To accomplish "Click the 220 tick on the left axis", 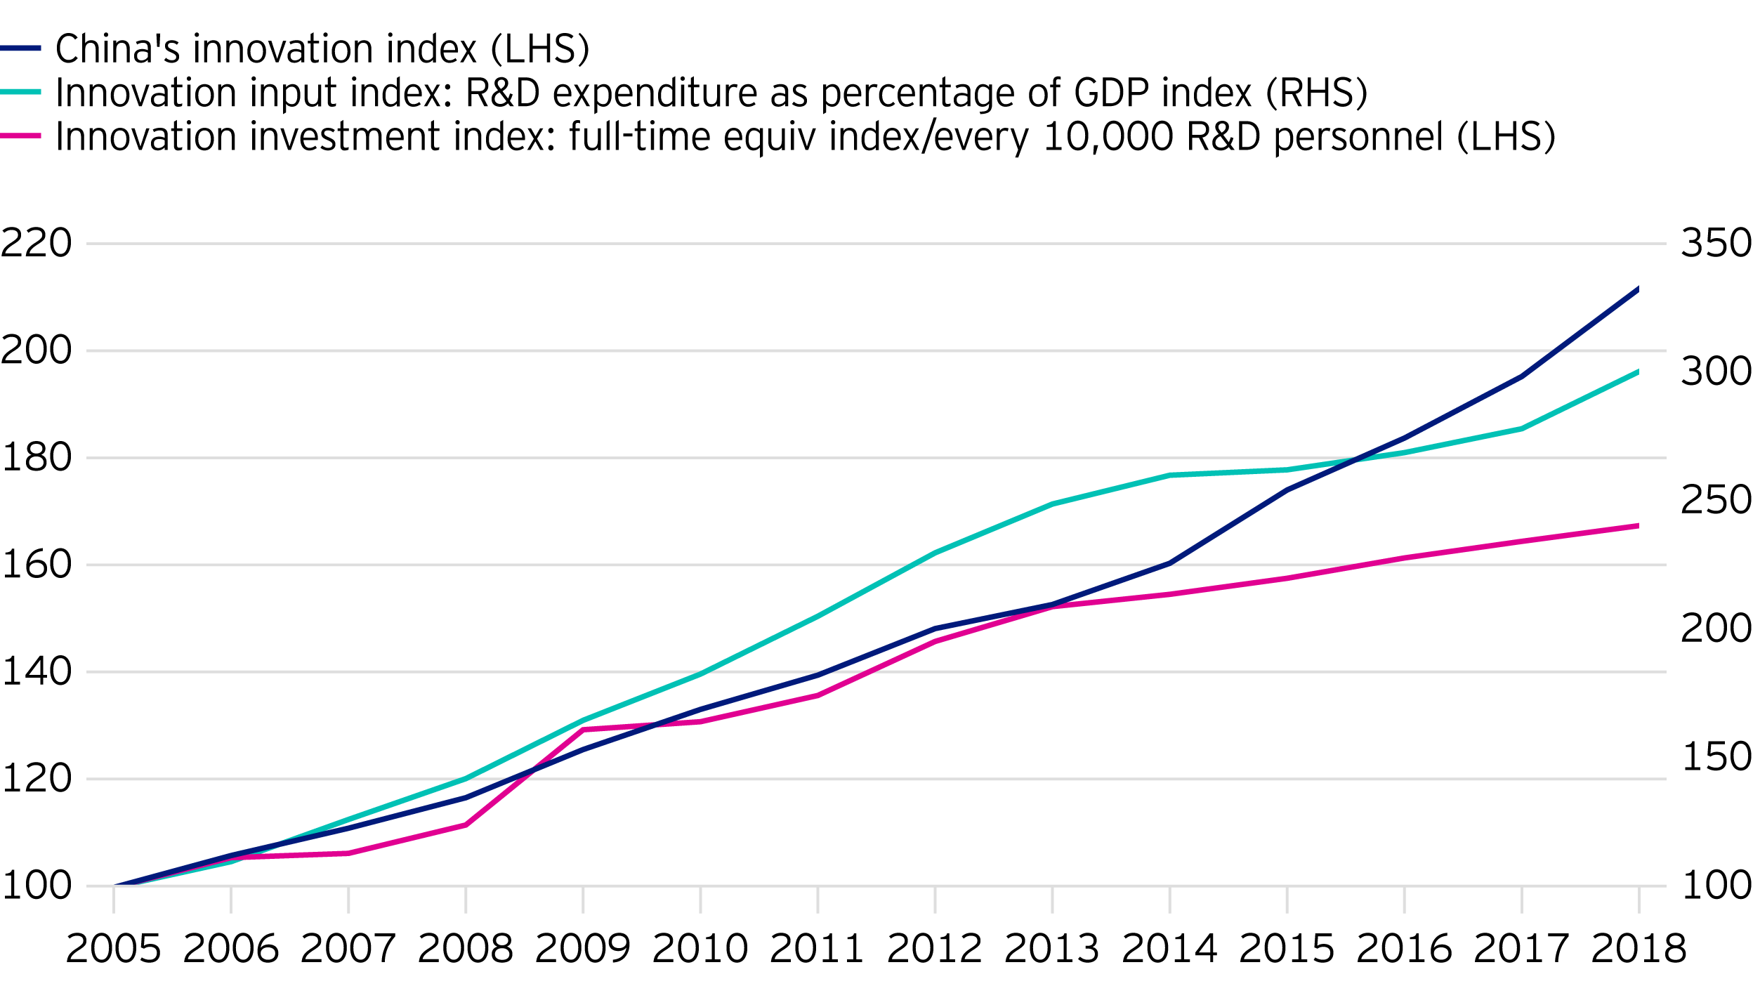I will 37,244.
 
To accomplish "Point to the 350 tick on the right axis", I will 1716,244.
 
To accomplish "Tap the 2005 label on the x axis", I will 113,949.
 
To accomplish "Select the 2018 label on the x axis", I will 1639,949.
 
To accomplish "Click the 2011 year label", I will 817,949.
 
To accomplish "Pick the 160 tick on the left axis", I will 37,565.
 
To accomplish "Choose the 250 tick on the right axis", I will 1716,500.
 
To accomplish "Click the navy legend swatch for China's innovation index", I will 20,48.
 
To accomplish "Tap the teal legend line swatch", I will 20,92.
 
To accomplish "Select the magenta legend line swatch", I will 20,136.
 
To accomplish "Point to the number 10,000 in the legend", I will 1108,136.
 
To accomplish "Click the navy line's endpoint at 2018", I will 1638,289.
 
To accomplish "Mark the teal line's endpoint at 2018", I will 1638,372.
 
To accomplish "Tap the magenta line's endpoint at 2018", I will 1638,525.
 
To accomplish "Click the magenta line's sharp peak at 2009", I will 583,730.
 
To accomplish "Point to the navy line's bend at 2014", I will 1169,563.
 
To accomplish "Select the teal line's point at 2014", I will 1169,475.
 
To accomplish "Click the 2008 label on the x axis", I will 465,949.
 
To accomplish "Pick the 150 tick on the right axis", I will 1716,757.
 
